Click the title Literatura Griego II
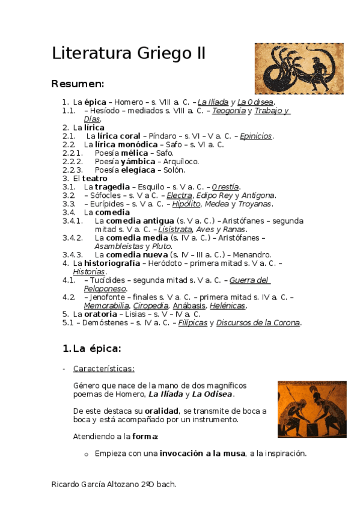click(x=129, y=54)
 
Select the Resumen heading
click(x=78, y=83)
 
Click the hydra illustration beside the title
click(x=290, y=69)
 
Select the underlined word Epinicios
click(x=255, y=136)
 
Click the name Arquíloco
click(x=181, y=161)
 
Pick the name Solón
click(x=173, y=170)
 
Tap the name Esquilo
click(x=147, y=187)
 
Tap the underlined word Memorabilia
click(x=106, y=306)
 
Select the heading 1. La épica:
click(x=92, y=348)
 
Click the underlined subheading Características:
click(x=103, y=368)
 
